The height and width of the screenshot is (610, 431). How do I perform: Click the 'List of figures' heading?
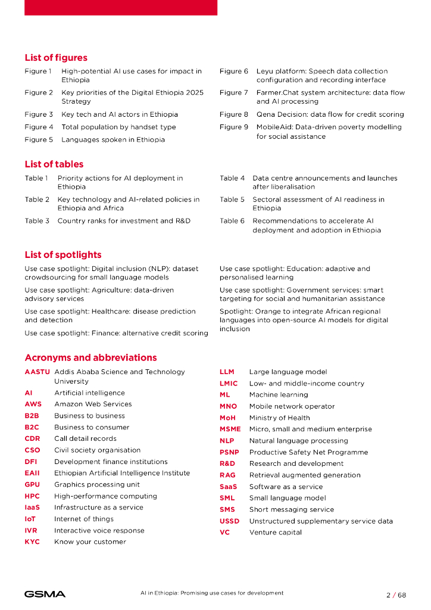tap(56, 58)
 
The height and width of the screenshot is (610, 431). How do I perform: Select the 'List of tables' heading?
tap(54, 164)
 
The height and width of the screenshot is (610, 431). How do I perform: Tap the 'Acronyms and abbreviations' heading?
tap(90, 358)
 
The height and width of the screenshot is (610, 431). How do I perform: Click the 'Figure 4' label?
tap(39, 127)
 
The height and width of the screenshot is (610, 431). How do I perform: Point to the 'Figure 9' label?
tap(234, 127)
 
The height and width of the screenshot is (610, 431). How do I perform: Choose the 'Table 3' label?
tap(37, 221)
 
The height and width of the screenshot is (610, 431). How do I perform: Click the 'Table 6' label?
tap(232, 221)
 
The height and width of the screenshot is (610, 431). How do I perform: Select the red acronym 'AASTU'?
tap(38, 372)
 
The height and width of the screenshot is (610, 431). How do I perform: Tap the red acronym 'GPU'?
tap(32, 485)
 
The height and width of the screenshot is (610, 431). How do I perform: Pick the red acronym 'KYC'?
tap(32, 542)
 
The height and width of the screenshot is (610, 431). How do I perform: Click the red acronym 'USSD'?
tap(230, 521)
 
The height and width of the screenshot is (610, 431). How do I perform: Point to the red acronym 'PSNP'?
tap(229, 453)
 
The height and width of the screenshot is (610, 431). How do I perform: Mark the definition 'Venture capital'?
tap(275, 533)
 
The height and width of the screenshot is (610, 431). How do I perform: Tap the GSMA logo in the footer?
tap(45, 595)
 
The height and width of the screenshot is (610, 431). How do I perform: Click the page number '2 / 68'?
tap(396, 595)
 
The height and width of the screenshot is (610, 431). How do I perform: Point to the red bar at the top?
tap(121, 7)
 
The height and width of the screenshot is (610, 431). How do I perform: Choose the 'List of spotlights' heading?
tap(63, 255)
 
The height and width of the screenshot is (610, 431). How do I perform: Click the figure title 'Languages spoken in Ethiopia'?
tap(113, 140)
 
